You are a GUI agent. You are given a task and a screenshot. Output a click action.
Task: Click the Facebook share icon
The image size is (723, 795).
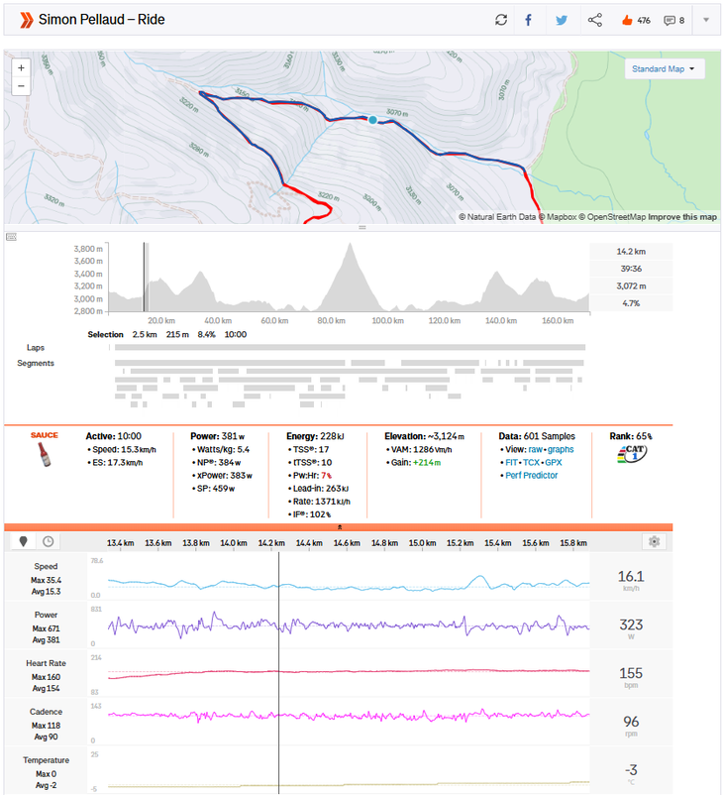pyautogui.click(x=529, y=20)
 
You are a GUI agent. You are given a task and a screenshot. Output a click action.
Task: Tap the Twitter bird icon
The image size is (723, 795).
pyautogui.click(x=562, y=20)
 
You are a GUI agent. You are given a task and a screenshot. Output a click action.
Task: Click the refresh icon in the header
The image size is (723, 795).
pyautogui.click(x=501, y=20)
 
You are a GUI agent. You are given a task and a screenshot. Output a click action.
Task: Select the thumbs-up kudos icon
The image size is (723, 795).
pyautogui.click(x=626, y=20)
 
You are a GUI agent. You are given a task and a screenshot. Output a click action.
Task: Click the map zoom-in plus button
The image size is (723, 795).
pyautogui.click(x=21, y=68)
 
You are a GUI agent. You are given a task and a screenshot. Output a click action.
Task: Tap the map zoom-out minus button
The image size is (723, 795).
pyautogui.click(x=21, y=86)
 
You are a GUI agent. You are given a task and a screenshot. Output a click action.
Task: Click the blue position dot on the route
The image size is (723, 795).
pyautogui.click(x=373, y=119)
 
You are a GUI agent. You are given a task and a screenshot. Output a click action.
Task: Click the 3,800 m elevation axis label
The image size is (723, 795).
pyautogui.click(x=89, y=249)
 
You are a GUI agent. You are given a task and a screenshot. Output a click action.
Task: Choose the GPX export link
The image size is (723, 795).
pyautogui.click(x=554, y=462)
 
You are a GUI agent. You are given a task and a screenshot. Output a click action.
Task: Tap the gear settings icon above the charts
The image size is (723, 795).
pyautogui.click(x=653, y=541)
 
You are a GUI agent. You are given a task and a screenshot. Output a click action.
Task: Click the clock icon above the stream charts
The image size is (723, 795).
pyautogui.click(x=47, y=541)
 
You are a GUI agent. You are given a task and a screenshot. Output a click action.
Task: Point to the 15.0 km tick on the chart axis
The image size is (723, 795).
pyautogui.click(x=423, y=543)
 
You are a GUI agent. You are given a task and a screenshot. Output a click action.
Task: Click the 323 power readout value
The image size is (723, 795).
pyautogui.click(x=631, y=625)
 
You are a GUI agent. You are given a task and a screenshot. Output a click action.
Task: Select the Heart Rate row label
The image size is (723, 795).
pyautogui.click(x=46, y=662)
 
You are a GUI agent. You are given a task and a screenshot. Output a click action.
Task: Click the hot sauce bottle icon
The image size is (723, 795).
pyautogui.click(x=44, y=454)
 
